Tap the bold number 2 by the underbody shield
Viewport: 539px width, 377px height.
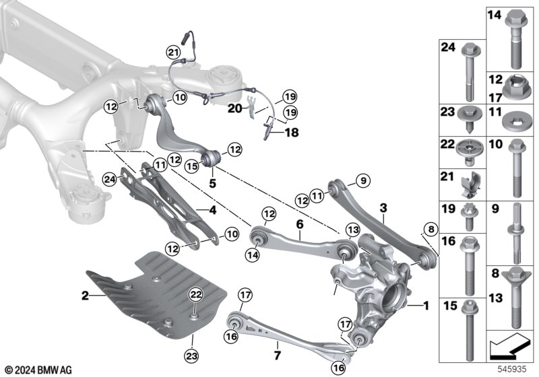[x=86, y=294]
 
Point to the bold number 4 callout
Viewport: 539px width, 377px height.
[x=212, y=210]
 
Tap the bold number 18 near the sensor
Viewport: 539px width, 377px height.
[x=290, y=134]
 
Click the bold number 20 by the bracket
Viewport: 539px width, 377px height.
[x=234, y=107]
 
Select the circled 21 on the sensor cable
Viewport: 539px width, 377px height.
[x=172, y=52]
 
